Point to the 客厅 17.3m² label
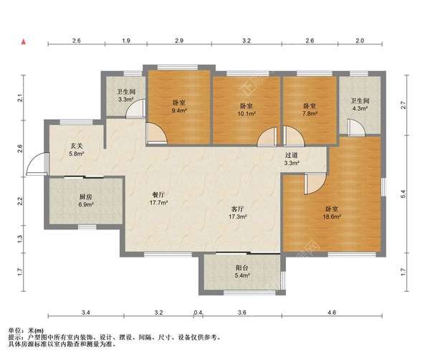[237, 212]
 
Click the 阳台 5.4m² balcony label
[242, 271]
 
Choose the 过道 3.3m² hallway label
[292, 159]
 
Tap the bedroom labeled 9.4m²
[179, 107]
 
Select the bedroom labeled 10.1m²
[247, 109]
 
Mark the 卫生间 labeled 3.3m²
[127, 95]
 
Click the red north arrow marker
[25, 43]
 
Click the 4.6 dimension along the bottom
[331, 313]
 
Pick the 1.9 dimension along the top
[126, 41]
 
